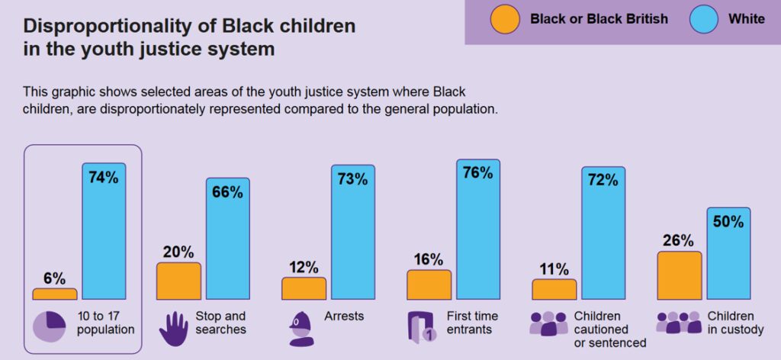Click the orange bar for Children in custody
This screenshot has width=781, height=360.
coord(679,275)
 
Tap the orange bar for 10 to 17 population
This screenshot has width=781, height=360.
coord(54,294)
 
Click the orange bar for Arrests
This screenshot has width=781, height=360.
coord(304,288)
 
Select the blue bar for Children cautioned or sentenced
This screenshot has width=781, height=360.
coord(603,240)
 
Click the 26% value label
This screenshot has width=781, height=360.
coord(678,241)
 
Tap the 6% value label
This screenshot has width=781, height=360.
coord(54,278)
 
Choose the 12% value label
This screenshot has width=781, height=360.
coord(304,267)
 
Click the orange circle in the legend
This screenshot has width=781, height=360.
coord(504,19)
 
